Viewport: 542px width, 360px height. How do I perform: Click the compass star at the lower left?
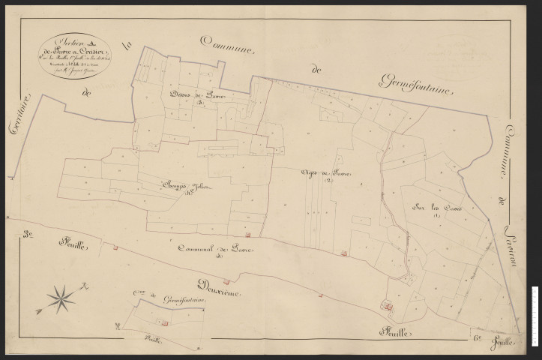tap(61, 298)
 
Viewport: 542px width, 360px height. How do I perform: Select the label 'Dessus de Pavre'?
tap(193, 95)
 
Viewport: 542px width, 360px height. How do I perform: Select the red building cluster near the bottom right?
tap(388, 305)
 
